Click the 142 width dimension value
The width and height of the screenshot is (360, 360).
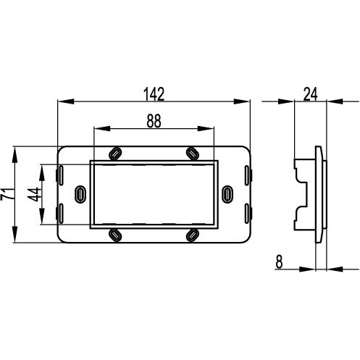tap(154, 94)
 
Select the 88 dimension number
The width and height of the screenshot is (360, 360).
tap(154, 121)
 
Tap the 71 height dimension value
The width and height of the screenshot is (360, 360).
tap(7, 194)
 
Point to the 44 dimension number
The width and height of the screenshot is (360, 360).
tap(34, 195)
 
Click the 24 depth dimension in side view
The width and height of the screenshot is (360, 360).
tap(311, 94)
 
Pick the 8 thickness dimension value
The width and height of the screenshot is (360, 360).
tap(279, 261)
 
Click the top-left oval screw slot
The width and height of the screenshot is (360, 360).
tap(115, 153)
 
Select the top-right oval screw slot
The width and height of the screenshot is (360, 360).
tap(193, 153)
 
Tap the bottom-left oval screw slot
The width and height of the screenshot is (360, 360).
tap(115, 235)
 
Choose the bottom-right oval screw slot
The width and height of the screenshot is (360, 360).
tap(193, 235)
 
